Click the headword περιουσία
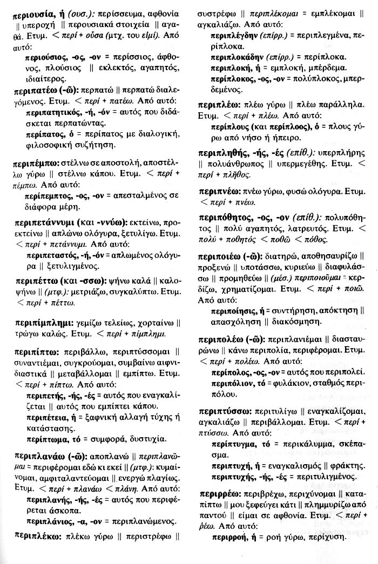35,17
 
